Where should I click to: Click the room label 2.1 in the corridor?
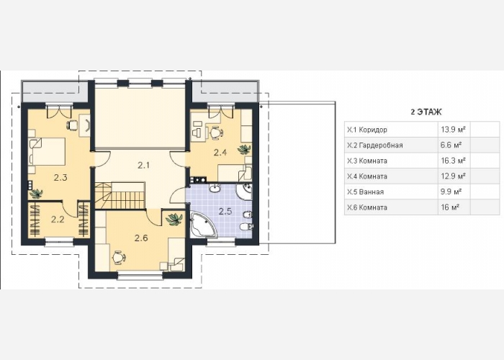click(x=143, y=166)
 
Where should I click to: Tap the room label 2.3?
click(x=60, y=177)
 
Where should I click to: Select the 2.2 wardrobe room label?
click(x=58, y=219)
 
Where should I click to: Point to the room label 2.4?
click(x=220, y=153)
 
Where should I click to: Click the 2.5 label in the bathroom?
click(x=225, y=211)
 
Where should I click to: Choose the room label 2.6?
click(x=141, y=238)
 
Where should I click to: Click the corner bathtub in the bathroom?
click(x=203, y=225)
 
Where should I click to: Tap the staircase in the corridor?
click(x=120, y=196)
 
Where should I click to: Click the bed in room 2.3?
click(x=47, y=151)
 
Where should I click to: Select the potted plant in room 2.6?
click(x=174, y=220)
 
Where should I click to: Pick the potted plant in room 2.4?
click(x=244, y=149)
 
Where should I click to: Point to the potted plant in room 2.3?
click(x=36, y=194)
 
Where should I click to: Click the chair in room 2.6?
click(x=119, y=258)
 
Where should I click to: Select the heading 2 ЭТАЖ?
click(x=426, y=112)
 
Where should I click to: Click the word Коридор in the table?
click(x=373, y=130)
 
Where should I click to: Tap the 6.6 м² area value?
click(x=451, y=145)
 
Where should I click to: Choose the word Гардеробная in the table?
click(x=381, y=145)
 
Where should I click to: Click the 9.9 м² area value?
click(x=451, y=192)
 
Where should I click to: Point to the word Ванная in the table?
click(x=372, y=192)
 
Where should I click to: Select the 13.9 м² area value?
click(x=453, y=130)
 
